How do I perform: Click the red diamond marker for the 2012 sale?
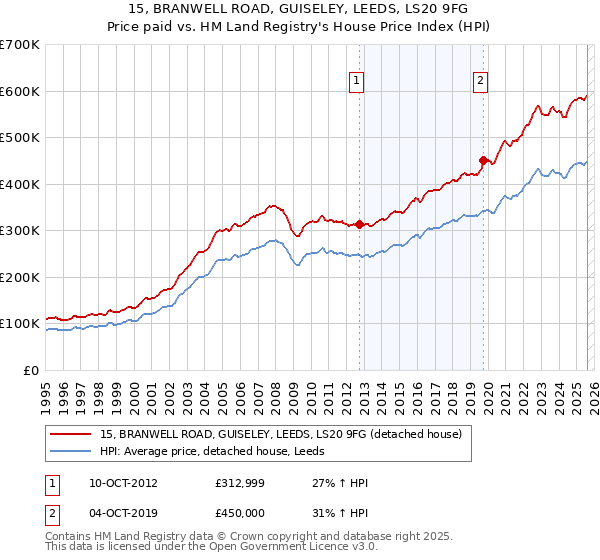360,224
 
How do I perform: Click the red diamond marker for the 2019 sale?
483,160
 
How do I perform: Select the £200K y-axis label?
19,278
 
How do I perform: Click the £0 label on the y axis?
30,371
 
